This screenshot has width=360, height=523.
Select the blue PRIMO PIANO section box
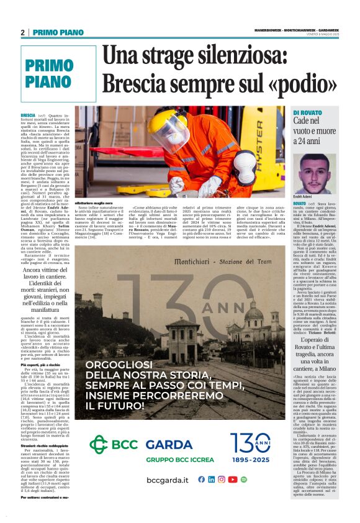[50, 73]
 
